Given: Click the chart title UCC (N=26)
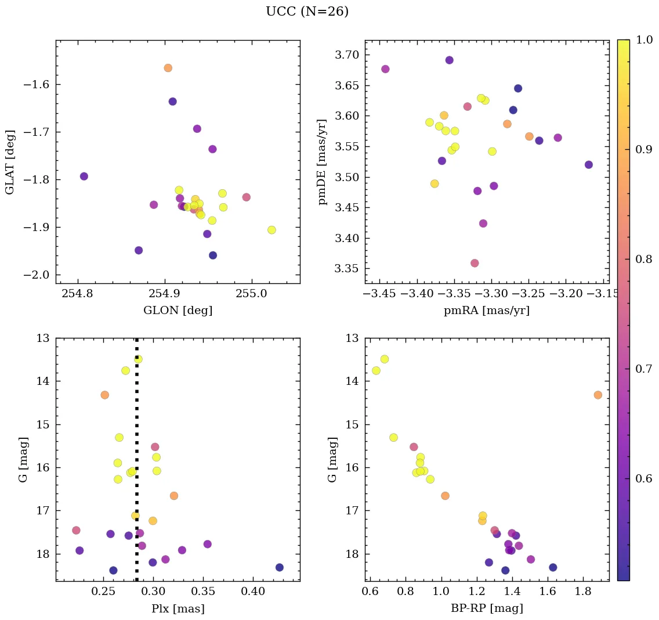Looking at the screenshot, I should pos(307,12).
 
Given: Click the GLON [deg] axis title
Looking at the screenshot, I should pos(178,311).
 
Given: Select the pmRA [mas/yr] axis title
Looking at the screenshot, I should pos(486,311).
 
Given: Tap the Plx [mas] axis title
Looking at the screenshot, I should pos(178,608).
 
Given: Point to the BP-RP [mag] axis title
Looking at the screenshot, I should pos(486,608).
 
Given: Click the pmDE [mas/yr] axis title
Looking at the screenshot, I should pos(323,162).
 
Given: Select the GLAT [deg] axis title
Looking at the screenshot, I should pos(10,162).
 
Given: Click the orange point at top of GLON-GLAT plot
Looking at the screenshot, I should pos(168,68).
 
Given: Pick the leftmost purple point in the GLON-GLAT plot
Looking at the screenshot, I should pos(84,176).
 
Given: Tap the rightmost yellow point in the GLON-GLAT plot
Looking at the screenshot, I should pos(271,230).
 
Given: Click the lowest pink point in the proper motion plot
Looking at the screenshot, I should pos(475,263).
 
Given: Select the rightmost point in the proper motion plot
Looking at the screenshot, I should pos(589,165).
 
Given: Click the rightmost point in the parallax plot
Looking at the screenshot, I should pos(279,567).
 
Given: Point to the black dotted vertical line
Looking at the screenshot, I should pos(136,464).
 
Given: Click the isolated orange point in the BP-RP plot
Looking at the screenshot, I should pos(598,395).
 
